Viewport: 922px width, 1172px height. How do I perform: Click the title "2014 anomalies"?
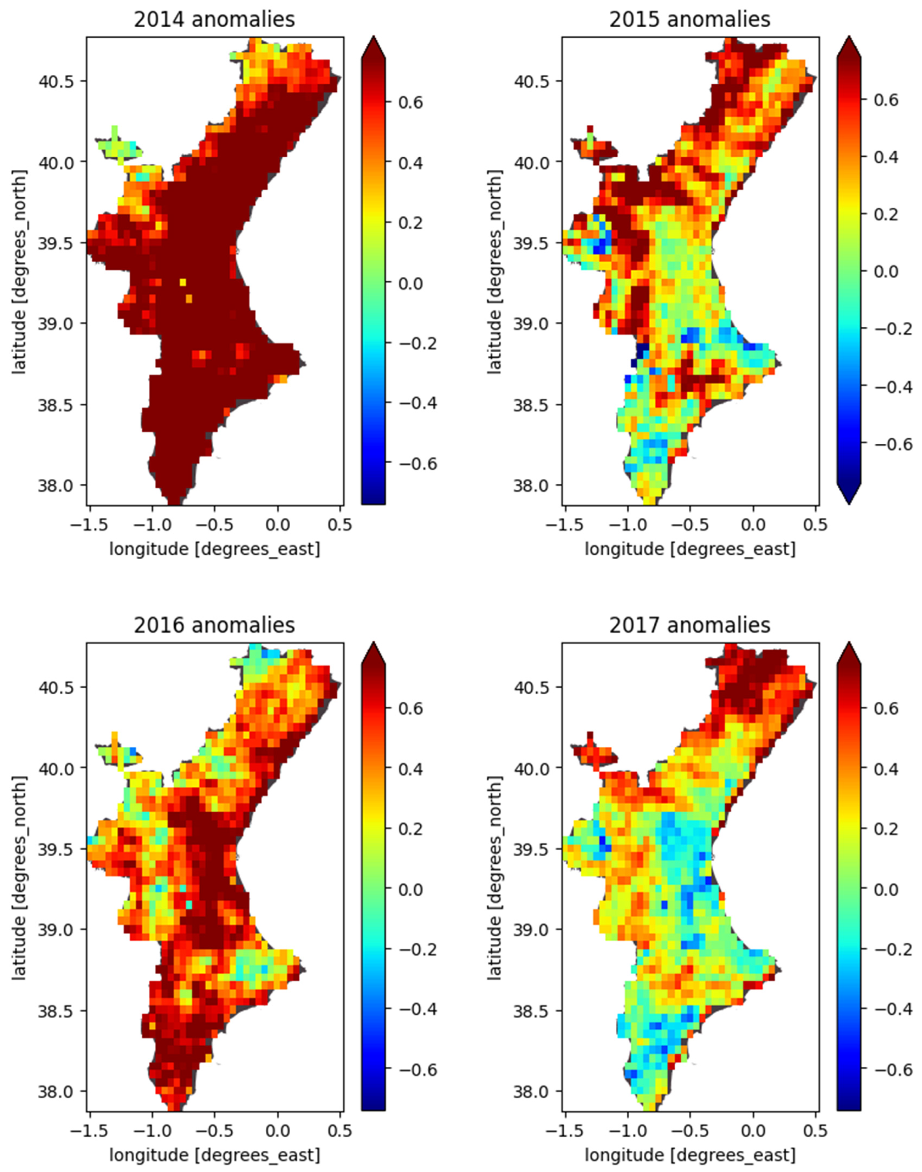214,20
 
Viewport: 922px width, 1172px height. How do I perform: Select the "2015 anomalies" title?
689,20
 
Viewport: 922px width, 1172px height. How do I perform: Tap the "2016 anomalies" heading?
214,625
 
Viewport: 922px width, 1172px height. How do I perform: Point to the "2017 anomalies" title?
689,625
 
